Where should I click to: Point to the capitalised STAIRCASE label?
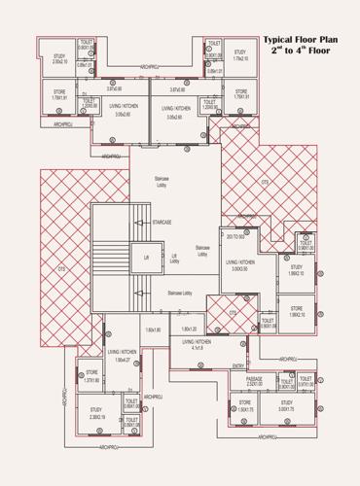click(162, 223)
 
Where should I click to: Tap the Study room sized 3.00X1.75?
click(286, 405)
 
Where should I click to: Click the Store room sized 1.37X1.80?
click(92, 376)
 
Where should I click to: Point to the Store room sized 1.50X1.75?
click(245, 405)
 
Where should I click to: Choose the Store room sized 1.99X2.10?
click(297, 311)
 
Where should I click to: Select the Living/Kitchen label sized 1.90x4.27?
click(123, 356)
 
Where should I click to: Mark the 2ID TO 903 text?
click(235, 235)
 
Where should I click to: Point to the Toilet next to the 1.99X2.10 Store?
click(268, 322)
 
